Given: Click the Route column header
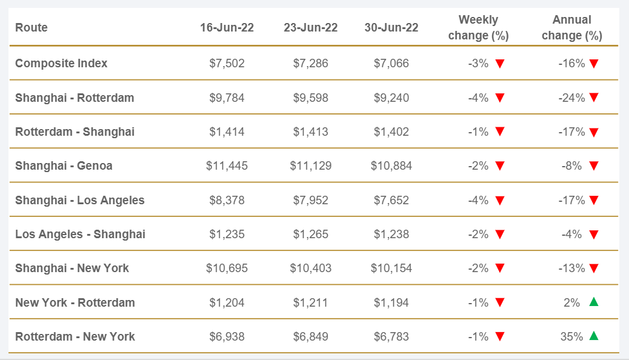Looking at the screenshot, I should [32, 28].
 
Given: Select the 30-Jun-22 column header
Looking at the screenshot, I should [391, 28].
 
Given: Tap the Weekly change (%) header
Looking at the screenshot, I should [478, 28].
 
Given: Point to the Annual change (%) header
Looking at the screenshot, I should [571, 28].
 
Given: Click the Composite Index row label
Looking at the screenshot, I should [61, 63].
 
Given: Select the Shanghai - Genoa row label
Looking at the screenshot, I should [64, 165].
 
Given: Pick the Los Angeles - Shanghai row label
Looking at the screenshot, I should [80, 234].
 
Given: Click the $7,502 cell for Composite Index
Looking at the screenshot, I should [225, 63].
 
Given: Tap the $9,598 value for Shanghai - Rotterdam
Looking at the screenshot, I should [310, 98].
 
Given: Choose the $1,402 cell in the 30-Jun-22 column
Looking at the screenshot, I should [391, 132].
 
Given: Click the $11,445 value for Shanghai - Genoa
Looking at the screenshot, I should [225, 165].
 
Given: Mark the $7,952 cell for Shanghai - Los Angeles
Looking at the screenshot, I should [310, 200].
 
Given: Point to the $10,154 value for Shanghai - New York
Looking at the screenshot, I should [391, 268].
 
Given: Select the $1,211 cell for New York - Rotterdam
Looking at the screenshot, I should [310, 302].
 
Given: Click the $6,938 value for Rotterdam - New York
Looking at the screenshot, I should [225, 336].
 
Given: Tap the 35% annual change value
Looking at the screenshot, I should [571, 336].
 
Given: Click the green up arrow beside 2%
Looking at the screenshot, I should [594, 302].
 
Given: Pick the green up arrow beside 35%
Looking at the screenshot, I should [594, 336].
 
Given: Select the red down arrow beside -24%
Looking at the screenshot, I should [594, 98].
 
